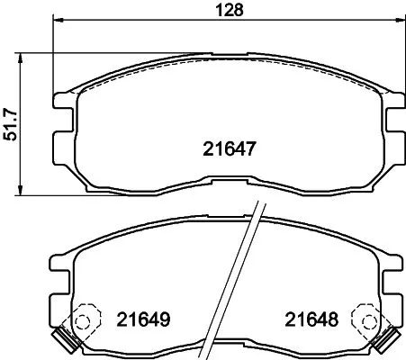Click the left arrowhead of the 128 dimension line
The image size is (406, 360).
coord(58,20)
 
